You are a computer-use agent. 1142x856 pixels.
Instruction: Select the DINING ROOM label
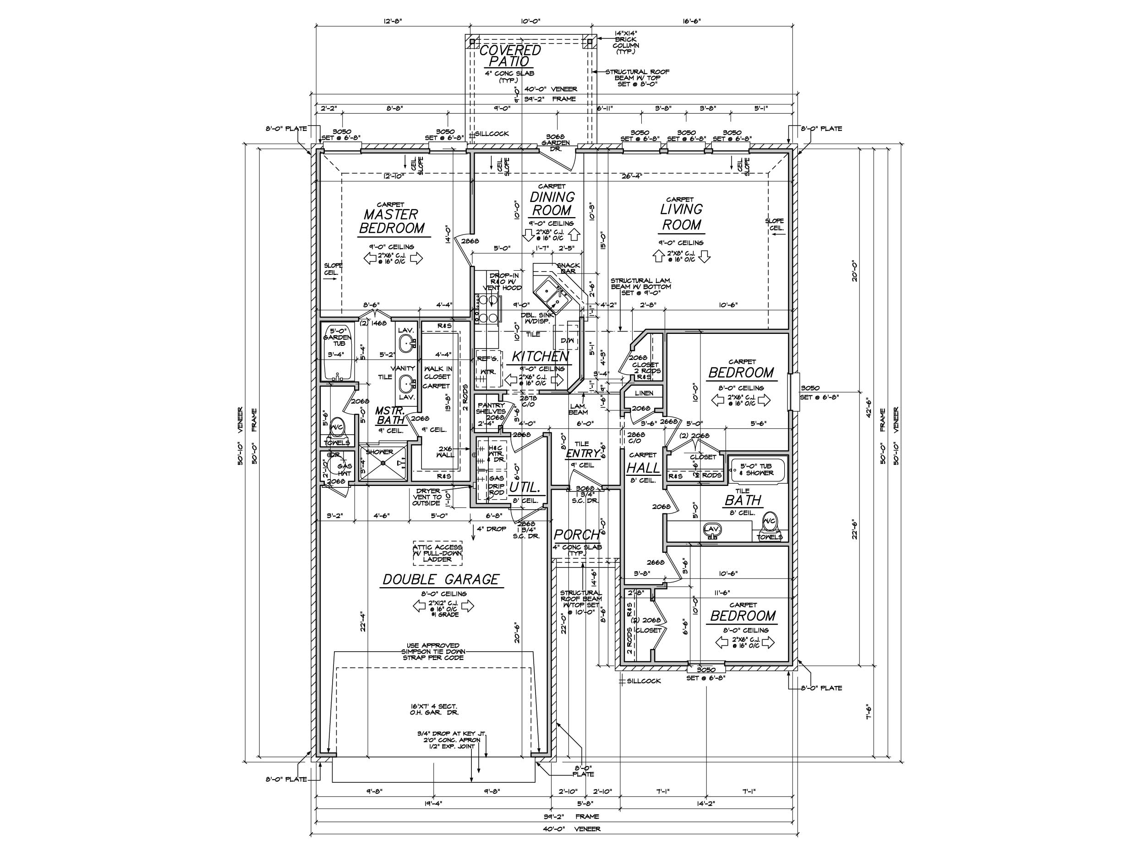click(x=552, y=203)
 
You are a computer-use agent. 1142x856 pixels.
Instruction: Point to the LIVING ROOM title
click(x=682, y=217)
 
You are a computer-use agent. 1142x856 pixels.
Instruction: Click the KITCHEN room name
click(x=540, y=356)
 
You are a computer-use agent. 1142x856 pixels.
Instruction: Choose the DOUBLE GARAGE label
click(x=440, y=580)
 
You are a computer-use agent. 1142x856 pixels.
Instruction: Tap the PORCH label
click(x=576, y=534)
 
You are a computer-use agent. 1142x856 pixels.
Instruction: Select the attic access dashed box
click(x=437, y=552)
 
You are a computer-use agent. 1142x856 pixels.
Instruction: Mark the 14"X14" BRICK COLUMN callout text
click(x=625, y=42)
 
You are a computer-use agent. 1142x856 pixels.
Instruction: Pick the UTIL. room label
click(x=525, y=487)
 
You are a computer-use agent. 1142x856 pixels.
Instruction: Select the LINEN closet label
click(x=644, y=393)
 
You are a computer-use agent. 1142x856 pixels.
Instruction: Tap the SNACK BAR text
click(x=568, y=268)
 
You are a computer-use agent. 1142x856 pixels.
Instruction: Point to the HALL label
click(x=643, y=468)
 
